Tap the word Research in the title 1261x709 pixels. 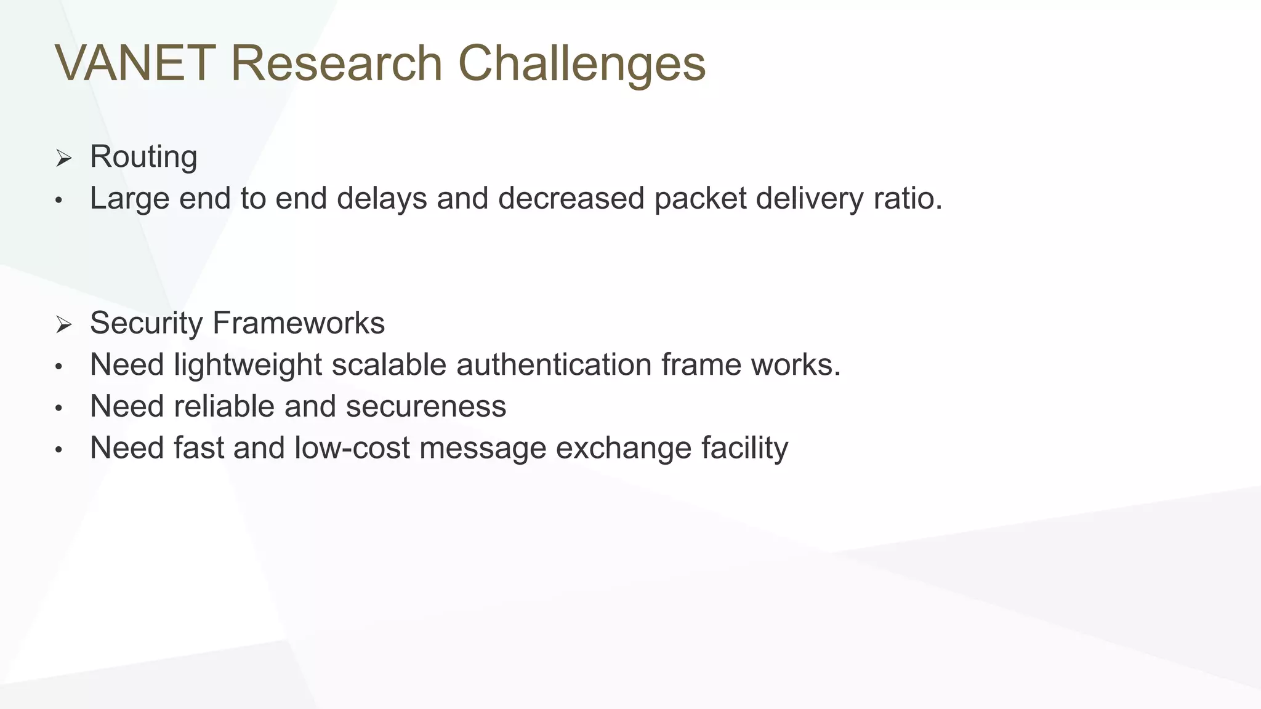336,63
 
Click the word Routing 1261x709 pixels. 143,158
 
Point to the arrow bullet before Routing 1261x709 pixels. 63,159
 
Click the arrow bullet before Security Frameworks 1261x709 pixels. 63,324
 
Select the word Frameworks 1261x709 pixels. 299,323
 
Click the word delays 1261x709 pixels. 382,199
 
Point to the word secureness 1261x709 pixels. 426,407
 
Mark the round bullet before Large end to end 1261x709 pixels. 58,201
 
